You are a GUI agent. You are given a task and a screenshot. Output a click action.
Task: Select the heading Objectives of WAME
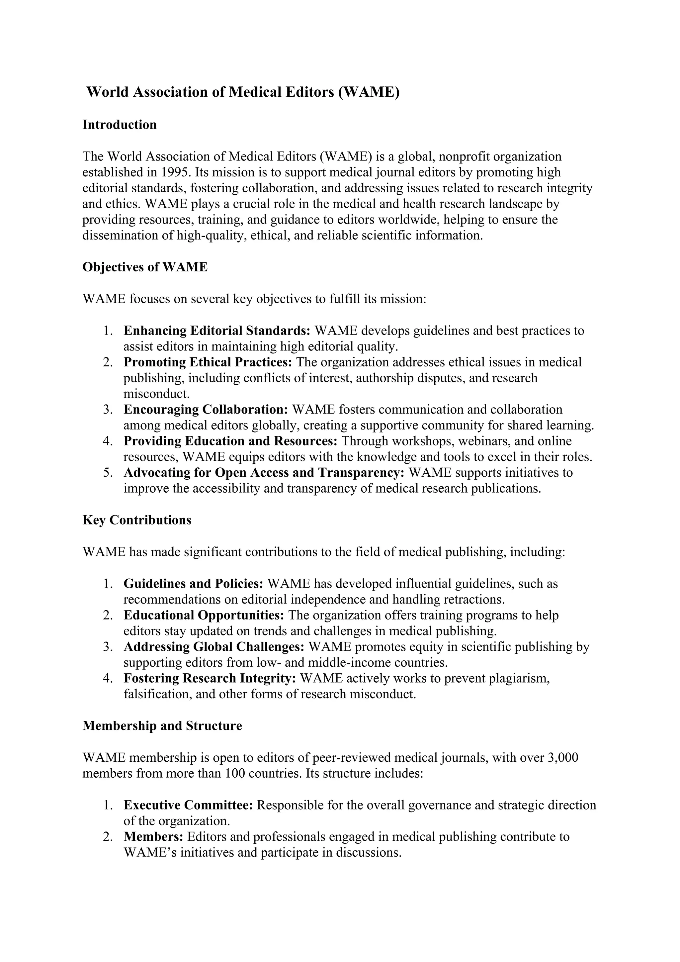pyautogui.click(x=145, y=267)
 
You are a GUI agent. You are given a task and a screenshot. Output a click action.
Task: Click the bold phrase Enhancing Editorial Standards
pyautogui.click(x=216, y=331)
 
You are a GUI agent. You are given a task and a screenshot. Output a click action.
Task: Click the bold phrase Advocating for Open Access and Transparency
pyautogui.click(x=264, y=473)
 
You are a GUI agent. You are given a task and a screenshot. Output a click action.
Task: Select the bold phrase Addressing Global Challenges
pyautogui.click(x=213, y=647)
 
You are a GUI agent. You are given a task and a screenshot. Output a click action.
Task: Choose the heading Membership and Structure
pyautogui.click(x=162, y=726)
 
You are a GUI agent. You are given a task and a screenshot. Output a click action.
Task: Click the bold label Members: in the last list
pyautogui.click(x=153, y=837)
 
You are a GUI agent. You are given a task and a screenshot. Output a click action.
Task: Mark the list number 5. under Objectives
pyautogui.click(x=108, y=473)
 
